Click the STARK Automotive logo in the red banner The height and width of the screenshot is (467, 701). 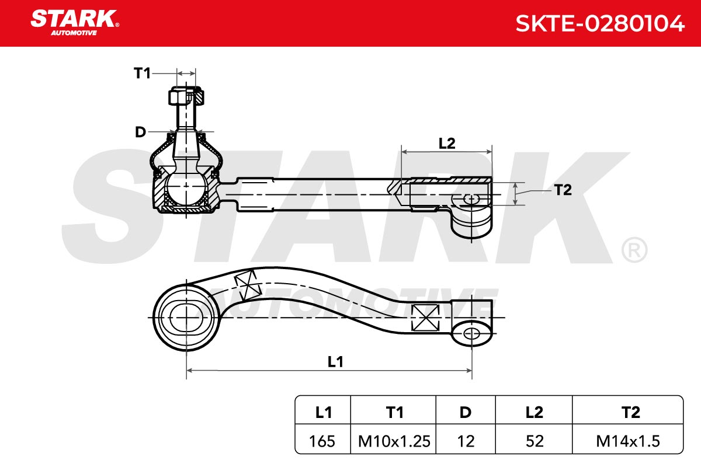click(x=75, y=23)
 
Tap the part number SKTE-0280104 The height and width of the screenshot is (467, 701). click(x=600, y=23)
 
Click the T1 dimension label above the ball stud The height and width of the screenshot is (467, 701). click(x=142, y=73)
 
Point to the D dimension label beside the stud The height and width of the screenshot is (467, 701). click(x=141, y=132)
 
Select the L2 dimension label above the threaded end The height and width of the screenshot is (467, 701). click(x=447, y=143)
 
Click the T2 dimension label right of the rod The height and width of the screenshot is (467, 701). click(x=563, y=190)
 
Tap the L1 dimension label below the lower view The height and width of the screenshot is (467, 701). click(x=335, y=362)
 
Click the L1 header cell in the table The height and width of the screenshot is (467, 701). click(x=323, y=412)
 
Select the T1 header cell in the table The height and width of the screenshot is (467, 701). click(x=393, y=412)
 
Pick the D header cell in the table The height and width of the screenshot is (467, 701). click(x=466, y=412)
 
